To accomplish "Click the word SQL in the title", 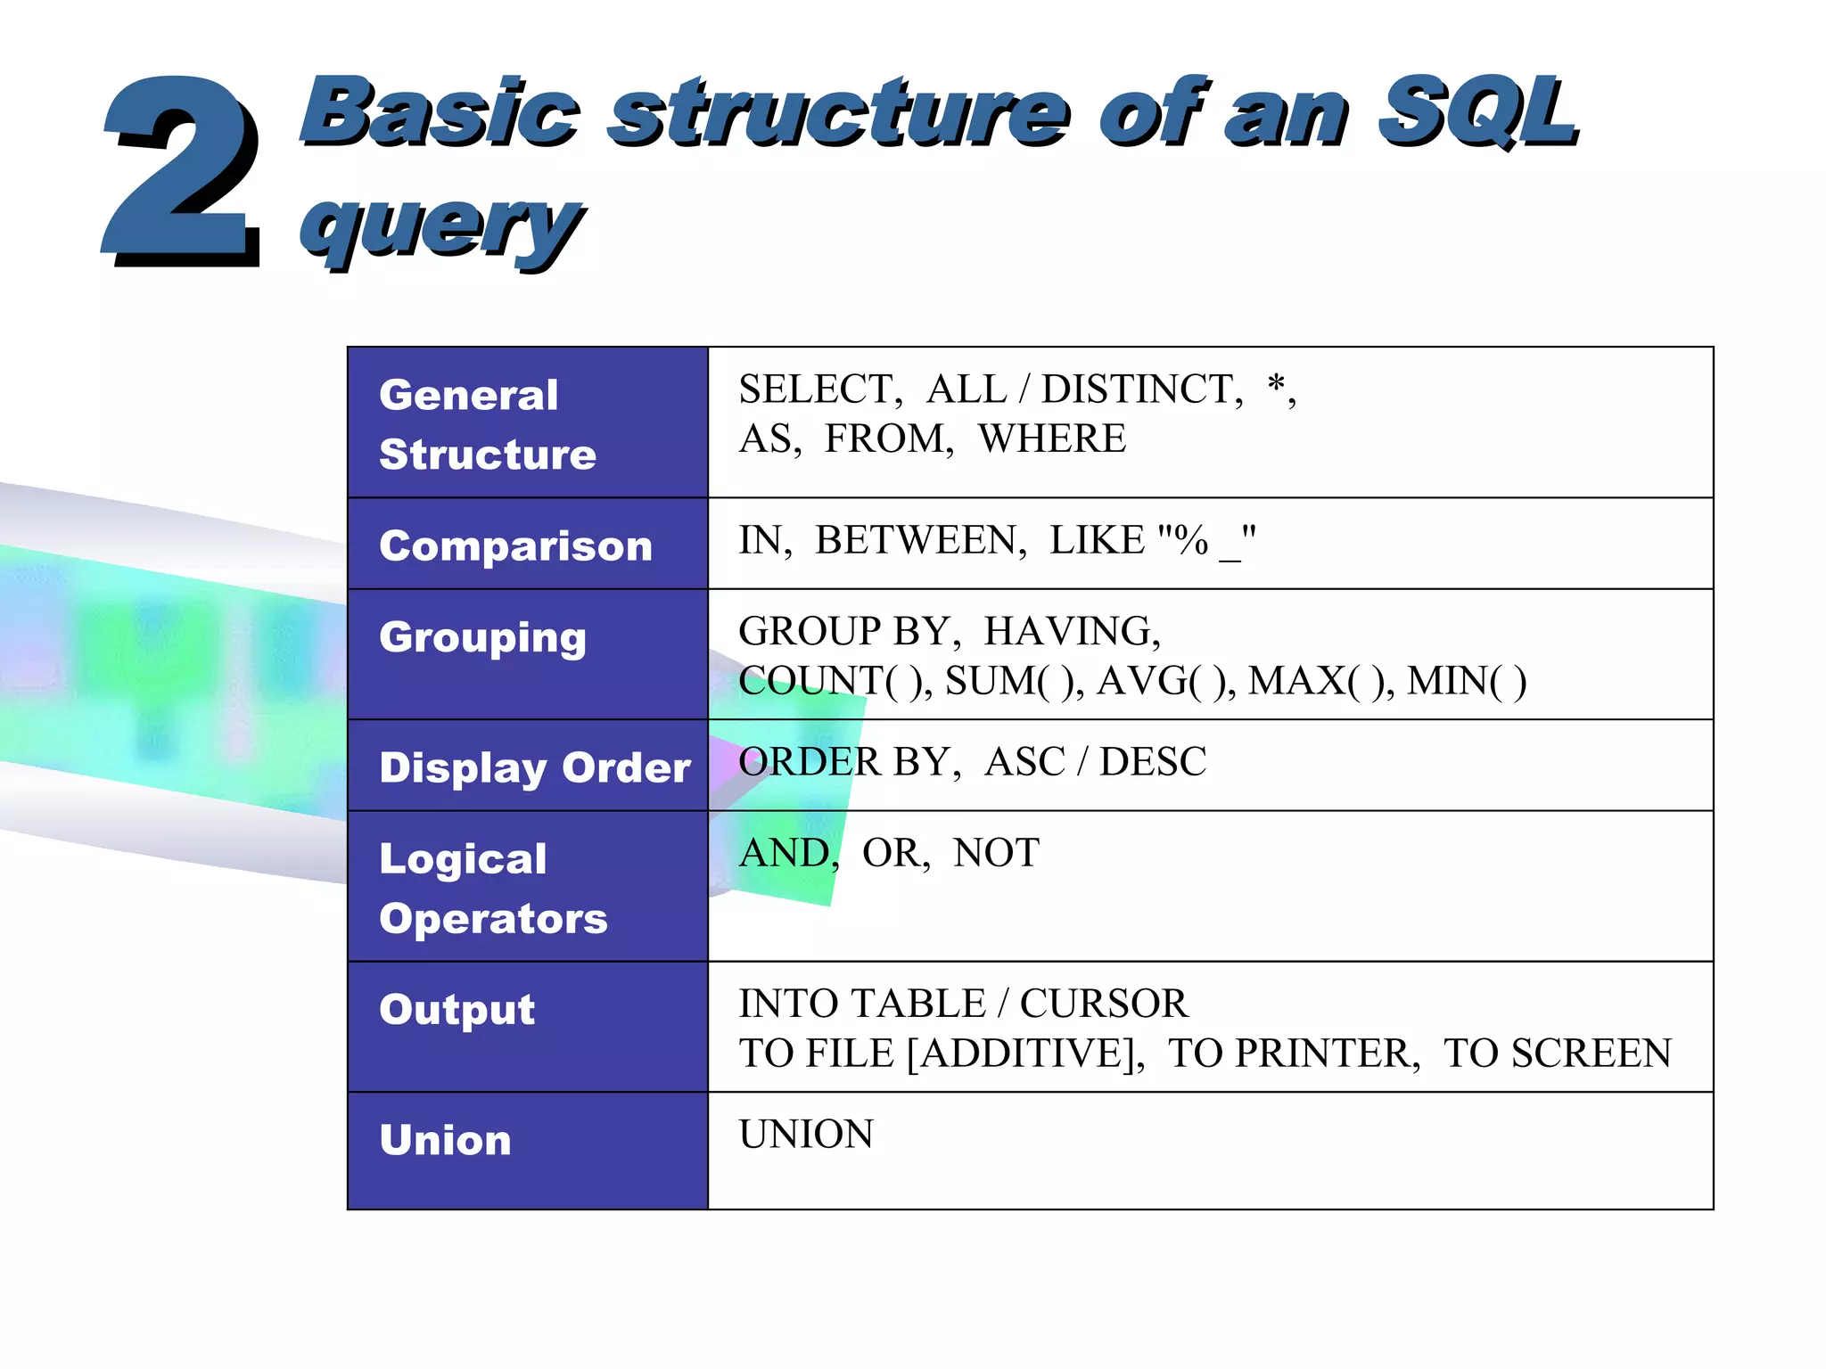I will [x=1477, y=113].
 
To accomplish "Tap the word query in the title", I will [x=441, y=225].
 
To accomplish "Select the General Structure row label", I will [x=487, y=424].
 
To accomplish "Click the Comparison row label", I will [x=515, y=545].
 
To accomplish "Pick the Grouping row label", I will [x=482, y=638].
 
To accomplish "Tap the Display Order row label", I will [x=535, y=767].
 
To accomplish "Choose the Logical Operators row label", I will [x=492, y=889].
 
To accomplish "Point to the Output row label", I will [x=456, y=1010].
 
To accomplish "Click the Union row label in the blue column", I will [x=445, y=1140].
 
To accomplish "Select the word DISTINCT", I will [x=1140, y=389].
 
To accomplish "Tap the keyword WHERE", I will [x=1051, y=439].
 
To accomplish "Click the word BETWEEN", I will [x=919, y=540].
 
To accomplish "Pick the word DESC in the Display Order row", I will [x=1152, y=762].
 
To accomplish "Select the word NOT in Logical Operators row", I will [x=995, y=853].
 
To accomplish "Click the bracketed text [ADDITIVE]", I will [x=1024, y=1053].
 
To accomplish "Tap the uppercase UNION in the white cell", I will [x=806, y=1135].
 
